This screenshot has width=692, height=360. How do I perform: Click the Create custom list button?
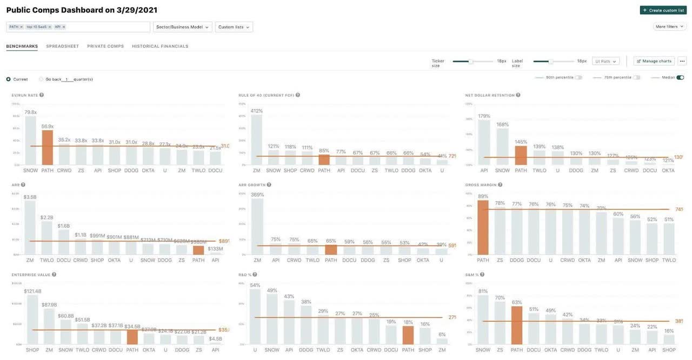coord(663,10)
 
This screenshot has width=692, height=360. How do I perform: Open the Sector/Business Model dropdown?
coord(182,27)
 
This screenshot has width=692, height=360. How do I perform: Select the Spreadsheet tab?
coord(62,46)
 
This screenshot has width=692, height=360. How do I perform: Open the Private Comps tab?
coord(105,46)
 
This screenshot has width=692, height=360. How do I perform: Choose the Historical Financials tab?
coord(160,46)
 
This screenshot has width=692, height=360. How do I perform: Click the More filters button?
coord(669,26)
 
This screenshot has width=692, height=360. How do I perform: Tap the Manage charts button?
coord(654,61)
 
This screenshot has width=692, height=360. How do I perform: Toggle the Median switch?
coord(680,77)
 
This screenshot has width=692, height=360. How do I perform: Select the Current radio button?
coord(9,79)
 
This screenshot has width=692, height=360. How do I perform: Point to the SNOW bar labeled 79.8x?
coord(31,141)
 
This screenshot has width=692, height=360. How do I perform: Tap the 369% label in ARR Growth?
coord(257,195)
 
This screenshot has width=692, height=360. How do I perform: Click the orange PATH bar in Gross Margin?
coord(483,228)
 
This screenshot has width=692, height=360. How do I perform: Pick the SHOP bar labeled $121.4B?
coord(32,319)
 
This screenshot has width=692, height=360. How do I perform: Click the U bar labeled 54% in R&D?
coord(255,317)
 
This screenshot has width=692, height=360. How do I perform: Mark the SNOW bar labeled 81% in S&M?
coord(483,319)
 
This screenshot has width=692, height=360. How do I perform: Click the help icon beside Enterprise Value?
coord(54,275)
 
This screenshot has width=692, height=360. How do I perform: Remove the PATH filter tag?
coord(22,27)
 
